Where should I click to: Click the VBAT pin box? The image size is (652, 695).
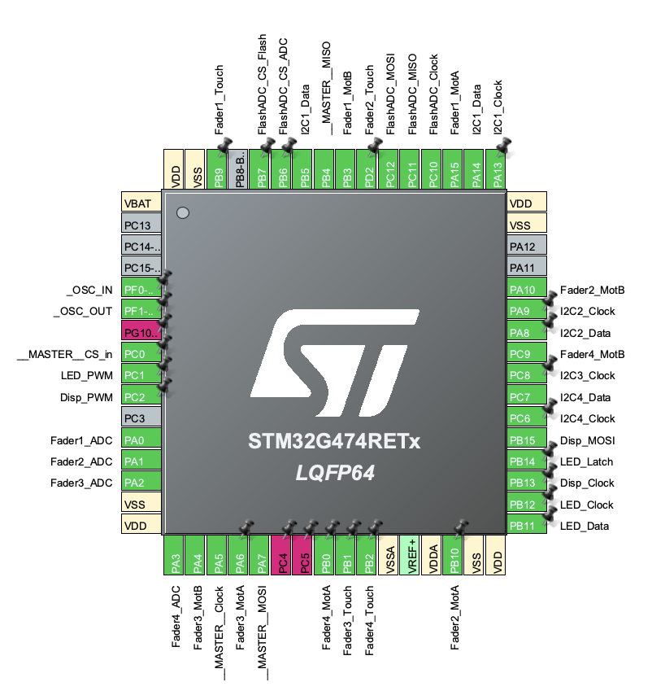(x=141, y=203)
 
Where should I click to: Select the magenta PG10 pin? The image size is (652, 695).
(x=141, y=332)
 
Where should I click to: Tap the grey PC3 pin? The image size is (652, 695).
(x=141, y=418)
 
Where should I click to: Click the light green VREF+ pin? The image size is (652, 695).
(x=411, y=555)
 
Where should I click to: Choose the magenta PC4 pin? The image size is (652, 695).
(x=283, y=555)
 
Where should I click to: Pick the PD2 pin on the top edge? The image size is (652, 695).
(x=369, y=169)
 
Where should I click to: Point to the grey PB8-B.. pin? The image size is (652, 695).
(x=240, y=169)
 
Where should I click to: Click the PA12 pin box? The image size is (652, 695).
(x=527, y=247)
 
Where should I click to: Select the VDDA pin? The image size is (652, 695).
(x=432, y=555)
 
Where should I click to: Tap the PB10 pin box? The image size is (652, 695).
(x=454, y=555)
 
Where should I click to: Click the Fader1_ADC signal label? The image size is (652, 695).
(x=81, y=440)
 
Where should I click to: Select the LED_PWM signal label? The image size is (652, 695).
(x=87, y=376)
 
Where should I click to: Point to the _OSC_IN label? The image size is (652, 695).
(x=89, y=291)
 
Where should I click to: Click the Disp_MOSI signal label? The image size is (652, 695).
(x=588, y=440)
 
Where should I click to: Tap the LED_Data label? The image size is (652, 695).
(x=585, y=526)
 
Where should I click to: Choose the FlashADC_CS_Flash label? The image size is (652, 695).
(x=262, y=84)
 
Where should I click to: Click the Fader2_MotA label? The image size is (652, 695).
(x=454, y=618)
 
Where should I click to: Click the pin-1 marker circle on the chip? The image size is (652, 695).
(x=183, y=213)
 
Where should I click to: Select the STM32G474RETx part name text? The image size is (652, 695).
(x=334, y=441)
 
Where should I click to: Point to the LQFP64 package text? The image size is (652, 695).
(x=335, y=473)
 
